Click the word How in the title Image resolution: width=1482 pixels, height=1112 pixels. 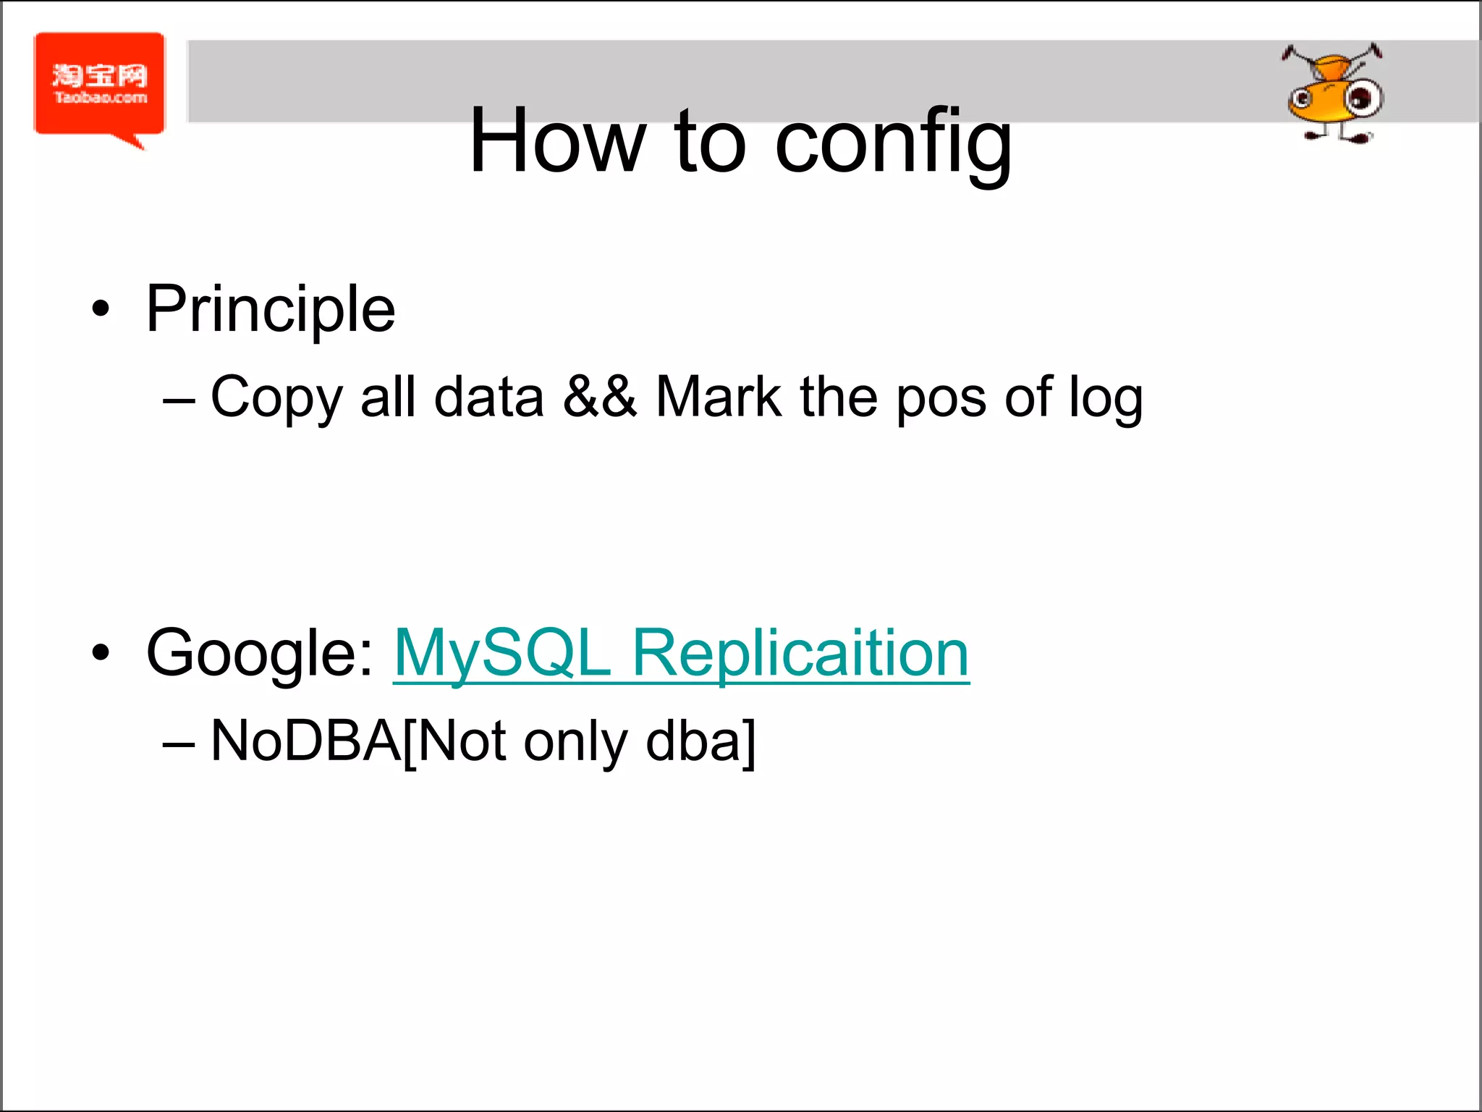(x=556, y=141)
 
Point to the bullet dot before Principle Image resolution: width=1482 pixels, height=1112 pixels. (x=101, y=310)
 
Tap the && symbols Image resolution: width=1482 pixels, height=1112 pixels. (x=600, y=397)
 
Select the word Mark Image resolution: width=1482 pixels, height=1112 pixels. (x=718, y=397)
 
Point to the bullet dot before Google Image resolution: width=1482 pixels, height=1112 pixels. (x=101, y=653)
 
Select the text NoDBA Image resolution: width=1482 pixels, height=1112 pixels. (x=305, y=741)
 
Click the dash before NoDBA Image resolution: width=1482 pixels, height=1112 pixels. (x=178, y=744)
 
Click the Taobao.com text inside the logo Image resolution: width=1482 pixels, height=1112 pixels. (x=101, y=98)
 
